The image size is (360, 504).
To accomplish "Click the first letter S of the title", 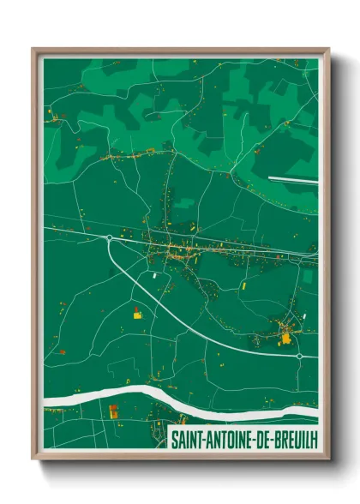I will point(175,439).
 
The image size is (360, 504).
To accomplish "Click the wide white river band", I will point(129,395).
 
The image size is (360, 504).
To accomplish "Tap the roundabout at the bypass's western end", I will point(109,237).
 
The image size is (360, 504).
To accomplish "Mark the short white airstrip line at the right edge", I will point(292,179).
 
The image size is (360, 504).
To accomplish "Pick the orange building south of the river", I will point(113,411).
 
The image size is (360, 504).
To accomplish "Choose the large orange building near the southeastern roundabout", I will point(285,339).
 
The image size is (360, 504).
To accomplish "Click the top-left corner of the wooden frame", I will point(33,49).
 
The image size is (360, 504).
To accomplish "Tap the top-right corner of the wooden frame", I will point(329,49).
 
